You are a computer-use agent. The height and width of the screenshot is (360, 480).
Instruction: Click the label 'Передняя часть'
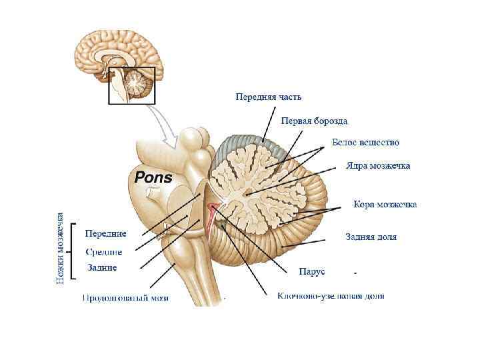268,97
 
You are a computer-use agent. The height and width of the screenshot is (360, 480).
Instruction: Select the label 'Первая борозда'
314,121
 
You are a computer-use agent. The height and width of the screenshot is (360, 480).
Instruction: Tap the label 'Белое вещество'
365,143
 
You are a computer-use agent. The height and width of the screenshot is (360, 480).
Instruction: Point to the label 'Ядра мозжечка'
378,165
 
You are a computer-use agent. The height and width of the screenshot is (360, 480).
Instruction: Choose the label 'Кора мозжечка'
385,204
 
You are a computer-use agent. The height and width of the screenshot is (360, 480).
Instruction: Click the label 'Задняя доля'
371,237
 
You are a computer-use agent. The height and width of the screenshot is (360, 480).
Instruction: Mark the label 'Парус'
311,271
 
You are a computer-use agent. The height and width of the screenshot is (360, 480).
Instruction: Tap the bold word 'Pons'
153,178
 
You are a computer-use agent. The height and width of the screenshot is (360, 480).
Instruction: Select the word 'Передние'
105,233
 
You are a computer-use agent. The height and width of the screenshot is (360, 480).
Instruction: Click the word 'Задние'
102,268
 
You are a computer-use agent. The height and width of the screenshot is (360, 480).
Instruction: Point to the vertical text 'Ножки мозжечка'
60,248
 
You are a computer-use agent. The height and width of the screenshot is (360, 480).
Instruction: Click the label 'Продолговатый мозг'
125,298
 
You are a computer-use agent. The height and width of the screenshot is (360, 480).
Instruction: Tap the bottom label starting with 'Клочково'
331,295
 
